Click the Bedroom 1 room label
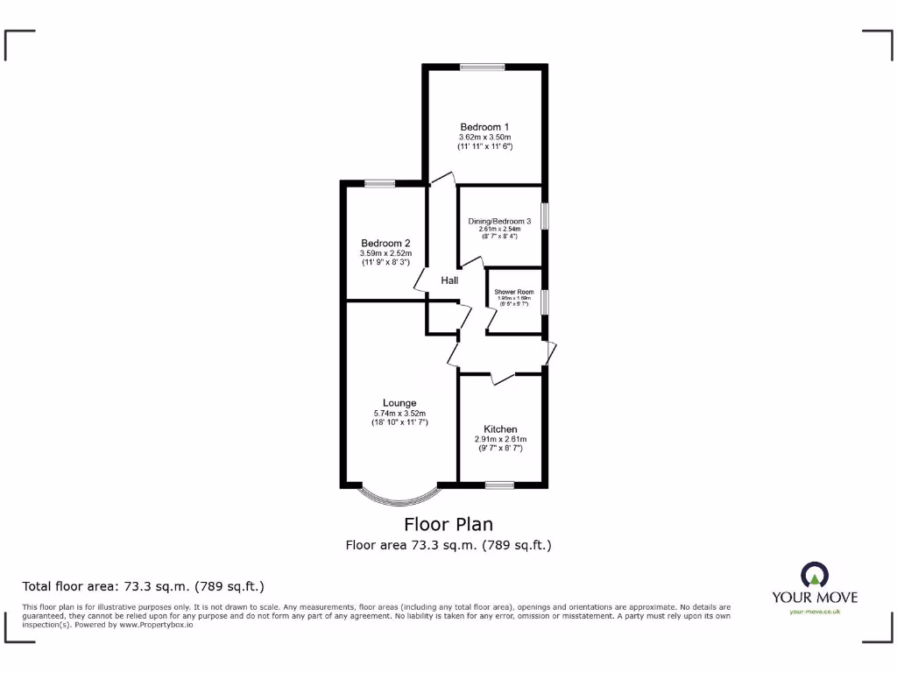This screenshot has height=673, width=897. click(484, 127)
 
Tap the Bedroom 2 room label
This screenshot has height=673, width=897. click(385, 244)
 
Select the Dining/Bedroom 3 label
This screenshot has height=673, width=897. click(498, 222)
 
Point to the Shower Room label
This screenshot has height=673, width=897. click(513, 292)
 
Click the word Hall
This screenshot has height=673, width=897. click(449, 280)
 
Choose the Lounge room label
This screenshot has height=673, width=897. click(399, 403)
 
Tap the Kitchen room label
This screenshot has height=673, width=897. click(500, 429)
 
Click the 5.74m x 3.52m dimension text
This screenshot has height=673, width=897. click(399, 414)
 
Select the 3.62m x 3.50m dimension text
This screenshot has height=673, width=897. click(484, 138)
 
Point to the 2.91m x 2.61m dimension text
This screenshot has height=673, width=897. click(500, 439)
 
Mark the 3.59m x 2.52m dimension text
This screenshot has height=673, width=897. click(385, 254)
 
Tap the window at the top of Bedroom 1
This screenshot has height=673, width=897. click(484, 67)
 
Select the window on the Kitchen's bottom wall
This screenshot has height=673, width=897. click(500, 484)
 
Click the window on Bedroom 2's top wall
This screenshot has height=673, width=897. click(380, 183)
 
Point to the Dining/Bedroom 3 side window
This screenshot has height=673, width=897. click(544, 216)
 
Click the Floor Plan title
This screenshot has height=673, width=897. click(448, 524)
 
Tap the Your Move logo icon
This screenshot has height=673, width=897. click(814, 576)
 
